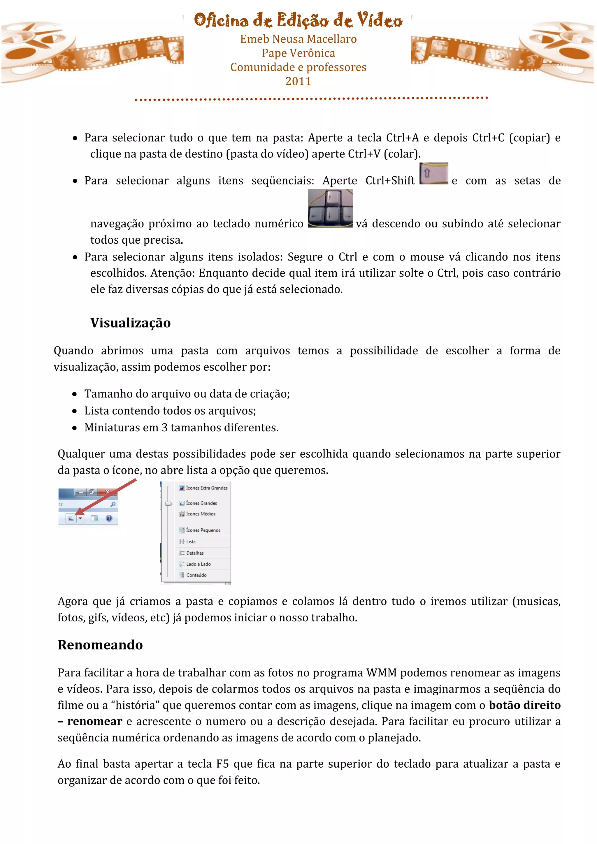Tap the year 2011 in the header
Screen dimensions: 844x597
tap(298, 81)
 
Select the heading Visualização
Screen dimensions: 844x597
tap(131, 323)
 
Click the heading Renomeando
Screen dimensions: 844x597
tap(100, 645)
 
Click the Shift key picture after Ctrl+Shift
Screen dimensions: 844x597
tap(434, 173)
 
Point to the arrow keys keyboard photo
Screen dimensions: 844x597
tap(330, 208)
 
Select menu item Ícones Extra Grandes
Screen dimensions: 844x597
tap(207, 488)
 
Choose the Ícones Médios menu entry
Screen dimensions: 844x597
tap(201, 514)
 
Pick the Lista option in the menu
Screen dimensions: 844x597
tap(191, 541)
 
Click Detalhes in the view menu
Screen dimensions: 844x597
tap(195, 553)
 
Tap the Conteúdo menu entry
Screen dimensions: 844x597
tap(196, 575)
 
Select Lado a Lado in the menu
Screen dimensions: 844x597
tap(199, 564)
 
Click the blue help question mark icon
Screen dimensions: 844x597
tap(109, 518)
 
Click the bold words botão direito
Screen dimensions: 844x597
tap(525, 705)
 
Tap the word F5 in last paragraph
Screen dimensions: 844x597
tap(222, 764)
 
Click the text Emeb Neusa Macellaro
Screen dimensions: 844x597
tap(298, 39)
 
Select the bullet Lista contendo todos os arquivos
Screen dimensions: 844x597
tap(170, 411)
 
